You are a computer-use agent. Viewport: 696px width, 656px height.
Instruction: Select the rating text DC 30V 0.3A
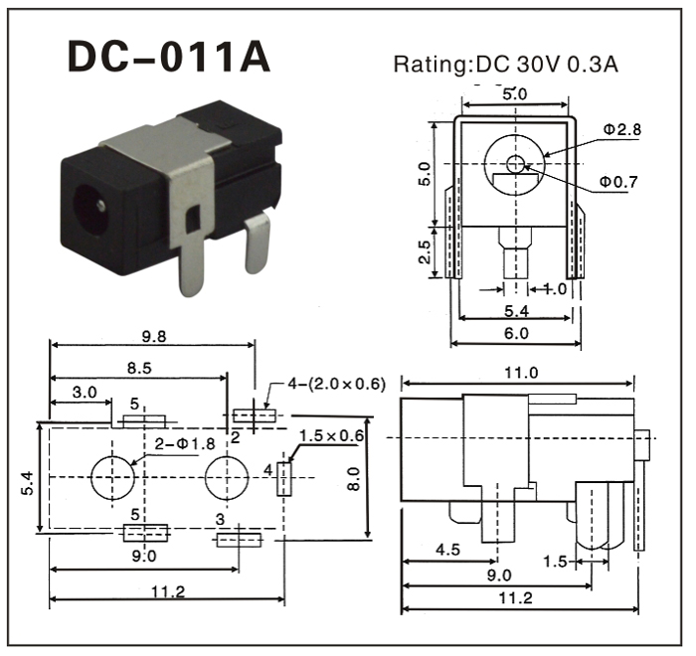pos(506,66)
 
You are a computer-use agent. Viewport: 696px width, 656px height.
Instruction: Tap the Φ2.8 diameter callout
pos(621,130)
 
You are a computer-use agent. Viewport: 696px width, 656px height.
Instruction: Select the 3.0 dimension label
pos(85,393)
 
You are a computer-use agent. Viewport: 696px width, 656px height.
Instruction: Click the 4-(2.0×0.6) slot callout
pos(335,384)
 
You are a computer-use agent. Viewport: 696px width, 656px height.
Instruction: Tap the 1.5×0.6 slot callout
pos(331,435)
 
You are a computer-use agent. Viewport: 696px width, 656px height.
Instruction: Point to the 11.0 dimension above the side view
pos(518,373)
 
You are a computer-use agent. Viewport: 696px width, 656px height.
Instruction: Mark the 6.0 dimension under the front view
pos(516,334)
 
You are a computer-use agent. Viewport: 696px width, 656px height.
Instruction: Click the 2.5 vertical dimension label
pos(425,252)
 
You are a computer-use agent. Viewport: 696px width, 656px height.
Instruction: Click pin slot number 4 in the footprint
pos(283,478)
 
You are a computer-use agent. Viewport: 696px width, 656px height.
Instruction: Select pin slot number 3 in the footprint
pos(239,539)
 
